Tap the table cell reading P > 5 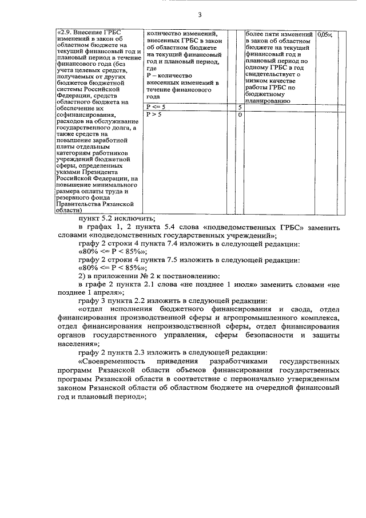(154, 114)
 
